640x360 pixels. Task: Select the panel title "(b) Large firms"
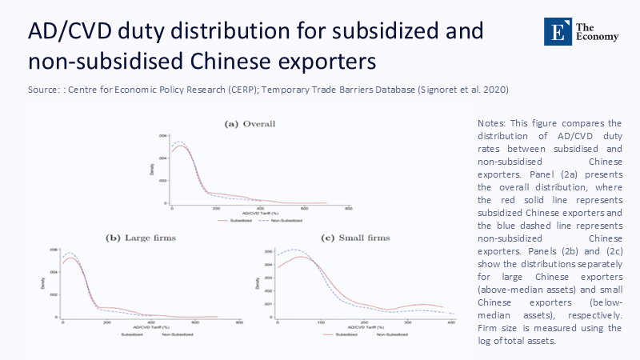pos(141,238)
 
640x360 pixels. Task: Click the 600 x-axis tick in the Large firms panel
pos(195,322)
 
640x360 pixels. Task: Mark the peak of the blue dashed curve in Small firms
pos(293,250)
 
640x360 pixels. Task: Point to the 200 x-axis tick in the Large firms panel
pos(106,322)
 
